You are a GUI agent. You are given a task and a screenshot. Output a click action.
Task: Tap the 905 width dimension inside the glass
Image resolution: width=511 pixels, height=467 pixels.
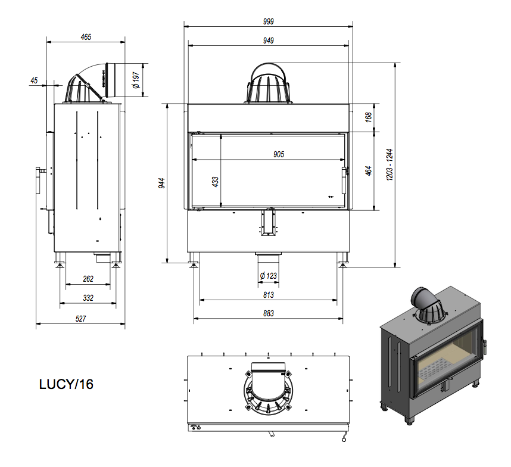(279, 154)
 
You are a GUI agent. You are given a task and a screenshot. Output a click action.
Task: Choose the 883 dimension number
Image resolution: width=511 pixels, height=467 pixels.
(268, 315)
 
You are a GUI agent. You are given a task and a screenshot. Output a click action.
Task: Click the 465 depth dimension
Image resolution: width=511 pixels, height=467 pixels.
(86, 37)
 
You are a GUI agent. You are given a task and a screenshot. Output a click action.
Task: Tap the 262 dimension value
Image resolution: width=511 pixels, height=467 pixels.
(88, 279)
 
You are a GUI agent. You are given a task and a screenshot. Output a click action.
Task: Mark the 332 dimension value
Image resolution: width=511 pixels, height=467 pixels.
(88, 297)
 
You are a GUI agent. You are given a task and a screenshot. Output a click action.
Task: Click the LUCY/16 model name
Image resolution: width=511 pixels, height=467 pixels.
(66, 384)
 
